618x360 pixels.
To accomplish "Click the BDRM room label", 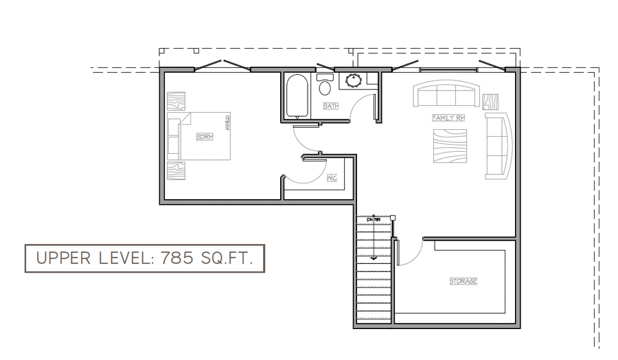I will (x=204, y=137).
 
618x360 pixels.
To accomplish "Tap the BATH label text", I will (x=331, y=106).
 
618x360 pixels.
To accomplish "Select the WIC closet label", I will (x=332, y=178).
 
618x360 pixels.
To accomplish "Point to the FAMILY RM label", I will (x=448, y=118).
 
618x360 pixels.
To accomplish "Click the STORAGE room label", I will (x=463, y=282).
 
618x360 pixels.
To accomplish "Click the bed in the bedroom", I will (x=199, y=136).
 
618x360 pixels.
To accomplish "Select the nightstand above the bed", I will (x=176, y=102).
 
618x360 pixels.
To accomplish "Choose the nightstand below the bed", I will (x=176, y=170).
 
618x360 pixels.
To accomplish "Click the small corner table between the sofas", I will (x=490, y=102).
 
